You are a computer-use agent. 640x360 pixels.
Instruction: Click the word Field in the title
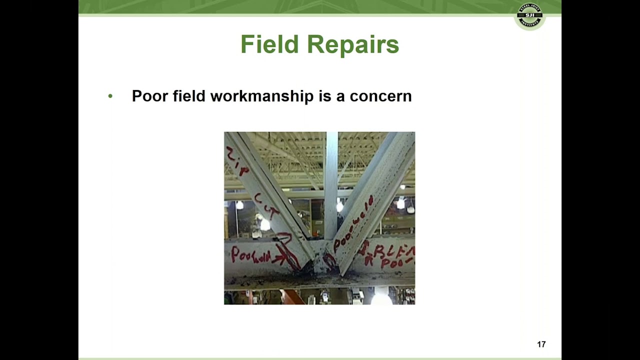click(x=269, y=44)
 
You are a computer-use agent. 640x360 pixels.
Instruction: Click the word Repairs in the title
click(x=352, y=44)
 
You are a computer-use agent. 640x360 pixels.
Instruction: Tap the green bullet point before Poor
click(x=110, y=95)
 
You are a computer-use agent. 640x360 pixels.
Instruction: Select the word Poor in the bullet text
click(x=149, y=96)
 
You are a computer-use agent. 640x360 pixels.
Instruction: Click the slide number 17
click(x=541, y=344)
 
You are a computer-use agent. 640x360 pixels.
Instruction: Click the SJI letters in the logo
click(x=529, y=15)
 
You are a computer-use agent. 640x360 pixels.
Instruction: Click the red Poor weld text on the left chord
click(x=250, y=256)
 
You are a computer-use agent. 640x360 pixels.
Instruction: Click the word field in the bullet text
click(x=189, y=96)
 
